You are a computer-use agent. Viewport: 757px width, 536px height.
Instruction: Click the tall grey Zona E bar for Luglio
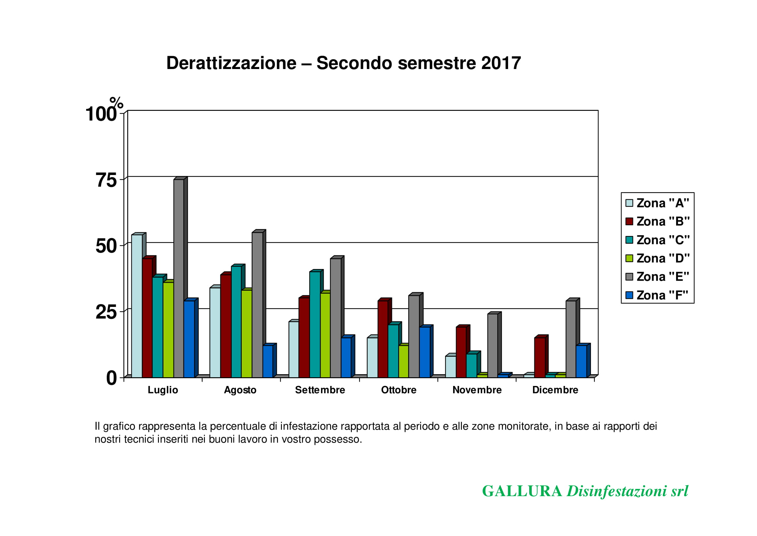click(x=179, y=277)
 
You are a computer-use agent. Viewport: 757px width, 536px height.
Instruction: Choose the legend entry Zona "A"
click(x=658, y=203)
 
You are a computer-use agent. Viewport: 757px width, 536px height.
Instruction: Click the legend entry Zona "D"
click(x=658, y=258)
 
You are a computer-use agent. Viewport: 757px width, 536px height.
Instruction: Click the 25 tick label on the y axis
click(x=106, y=312)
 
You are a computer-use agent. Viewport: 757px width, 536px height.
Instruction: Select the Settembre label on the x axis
click(x=320, y=390)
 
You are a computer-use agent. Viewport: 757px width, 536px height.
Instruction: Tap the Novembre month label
click(x=477, y=390)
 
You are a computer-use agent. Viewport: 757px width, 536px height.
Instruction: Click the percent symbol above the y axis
click(x=116, y=103)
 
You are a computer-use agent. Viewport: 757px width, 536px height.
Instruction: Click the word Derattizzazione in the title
click(x=231, y=63)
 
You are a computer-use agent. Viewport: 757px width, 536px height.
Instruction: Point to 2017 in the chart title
click(x=501, y=63)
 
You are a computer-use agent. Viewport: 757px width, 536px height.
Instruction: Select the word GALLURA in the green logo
click(x=522, y=491)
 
